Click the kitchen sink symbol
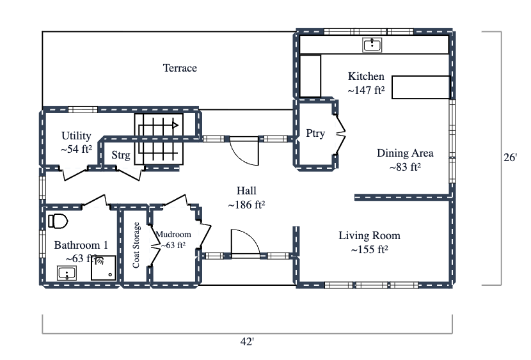point(372,44)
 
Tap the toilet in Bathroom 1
point(58,222)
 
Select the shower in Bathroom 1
point(104,269)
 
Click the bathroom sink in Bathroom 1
point(67,274)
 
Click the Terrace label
point(180,68)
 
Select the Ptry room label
point(315,134)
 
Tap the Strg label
point(120,155)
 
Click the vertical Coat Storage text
point(136,246)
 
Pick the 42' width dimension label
point(247,342)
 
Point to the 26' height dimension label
point(509,157)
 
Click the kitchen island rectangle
point(420,87)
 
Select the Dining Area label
point(405,153)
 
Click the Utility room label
point(76,136)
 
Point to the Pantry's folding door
point(340,134)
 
